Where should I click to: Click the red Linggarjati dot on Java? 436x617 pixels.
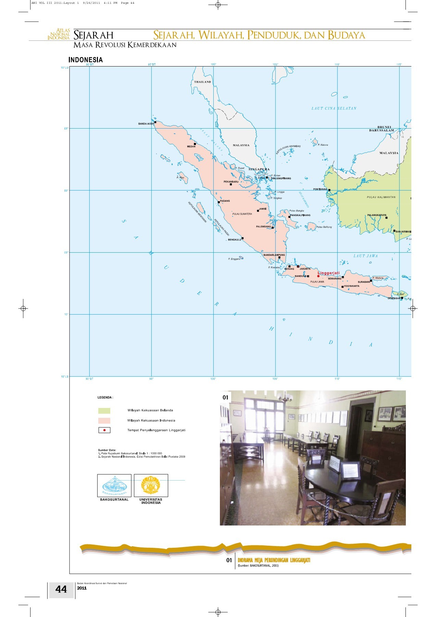[318, 276]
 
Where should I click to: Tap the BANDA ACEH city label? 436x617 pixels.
[146, 124]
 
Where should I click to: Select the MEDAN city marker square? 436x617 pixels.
[195, 144]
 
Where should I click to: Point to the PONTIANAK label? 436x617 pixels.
[320, 189]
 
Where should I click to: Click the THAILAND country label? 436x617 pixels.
[202, 82]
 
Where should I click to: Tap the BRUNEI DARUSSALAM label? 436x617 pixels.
[382, 129]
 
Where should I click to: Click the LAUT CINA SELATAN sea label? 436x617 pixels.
[334, 108]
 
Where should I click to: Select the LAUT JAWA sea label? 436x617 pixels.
[365, 256]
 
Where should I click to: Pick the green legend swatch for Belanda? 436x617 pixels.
[104, 411]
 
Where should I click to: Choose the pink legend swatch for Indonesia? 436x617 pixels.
[104, 421]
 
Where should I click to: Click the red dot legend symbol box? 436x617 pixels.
[104, 430]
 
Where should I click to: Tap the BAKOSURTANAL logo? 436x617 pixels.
[114, 485]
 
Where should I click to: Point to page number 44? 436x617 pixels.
[61, 589]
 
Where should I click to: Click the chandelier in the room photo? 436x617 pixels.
[285, 397]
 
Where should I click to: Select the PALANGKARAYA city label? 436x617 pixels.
[376, 215]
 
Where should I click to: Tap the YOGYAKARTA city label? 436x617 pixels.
[351, 286]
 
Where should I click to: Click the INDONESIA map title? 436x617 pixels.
[86, 60]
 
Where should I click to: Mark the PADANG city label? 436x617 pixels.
[225, 201]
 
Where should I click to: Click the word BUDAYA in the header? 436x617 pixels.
[346, 35]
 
